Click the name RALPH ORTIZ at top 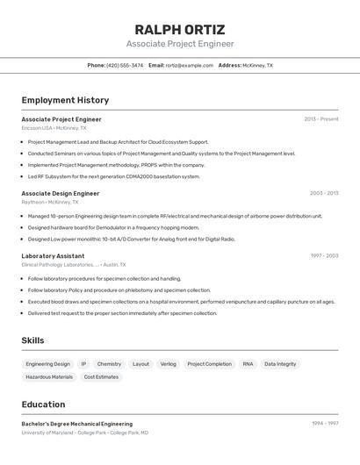click(180, 29)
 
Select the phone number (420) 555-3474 click(125, 65)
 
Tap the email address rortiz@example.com click(189, 65)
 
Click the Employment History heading click(65, 100)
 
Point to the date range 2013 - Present click(320, 119)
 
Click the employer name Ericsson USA click(37, 128)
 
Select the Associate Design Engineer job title click(61, 193)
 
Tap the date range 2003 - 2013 click(323, 193)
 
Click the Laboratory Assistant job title click(53, 256)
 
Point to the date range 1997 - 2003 click(323, 256)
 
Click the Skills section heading click(32, 340)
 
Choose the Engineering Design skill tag click(47, 364)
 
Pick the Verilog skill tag click(168, 364)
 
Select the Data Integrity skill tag click(280, 364)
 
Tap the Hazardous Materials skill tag click(49, 377)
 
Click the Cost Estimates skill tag click(101, 377)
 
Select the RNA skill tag click(248, 364)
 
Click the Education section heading click(43, 404)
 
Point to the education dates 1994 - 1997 click(324, 424)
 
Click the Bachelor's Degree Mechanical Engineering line click(77, 424)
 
